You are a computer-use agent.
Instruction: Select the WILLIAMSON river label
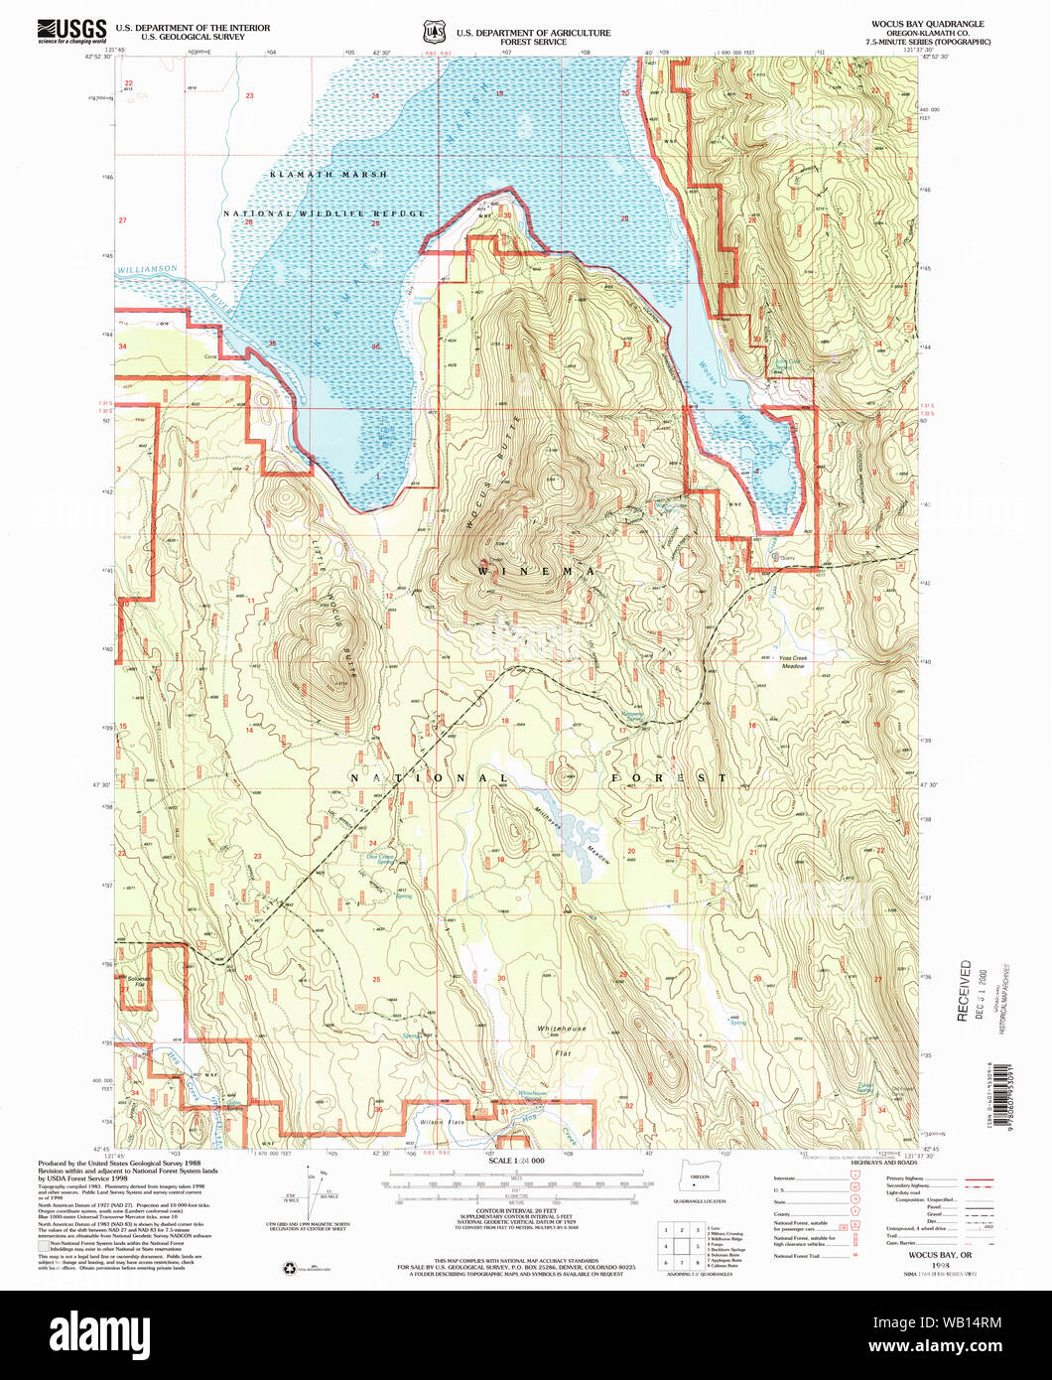click(x=146, y=269)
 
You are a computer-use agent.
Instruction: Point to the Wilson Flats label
click(x=442, y=1122)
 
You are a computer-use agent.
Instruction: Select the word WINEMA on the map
click(x=535, y=572)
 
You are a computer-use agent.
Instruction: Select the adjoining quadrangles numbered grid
click(x=684, y=1246)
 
